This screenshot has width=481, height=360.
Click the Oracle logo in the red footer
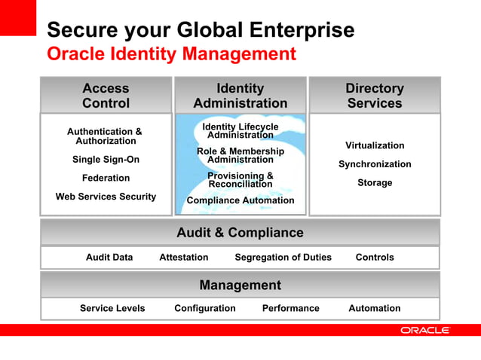tap(425, 330)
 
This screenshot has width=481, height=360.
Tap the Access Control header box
tap(106, 96)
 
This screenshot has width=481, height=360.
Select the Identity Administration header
tap(240, 96)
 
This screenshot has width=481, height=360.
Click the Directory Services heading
tap(375, 96)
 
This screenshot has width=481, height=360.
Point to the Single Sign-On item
tap(106, 160)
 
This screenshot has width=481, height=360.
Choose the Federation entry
tap(106, 178)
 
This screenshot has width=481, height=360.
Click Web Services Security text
tap(106, 197)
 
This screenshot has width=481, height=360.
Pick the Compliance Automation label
tap(240, 200)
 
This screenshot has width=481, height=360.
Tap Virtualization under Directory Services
tap(375, 145)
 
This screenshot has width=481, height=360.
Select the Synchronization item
tap(375, 164)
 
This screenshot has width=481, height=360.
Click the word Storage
tap(375, 183)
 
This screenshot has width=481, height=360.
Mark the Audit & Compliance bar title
tap(240, 233)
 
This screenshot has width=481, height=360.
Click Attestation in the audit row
tap(184, 258)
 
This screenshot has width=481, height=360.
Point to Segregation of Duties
tap(283, 258)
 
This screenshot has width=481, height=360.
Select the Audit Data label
tap(109, 258)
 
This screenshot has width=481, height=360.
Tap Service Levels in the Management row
tap(112, 308)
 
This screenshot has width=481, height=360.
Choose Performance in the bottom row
tap(290, 308)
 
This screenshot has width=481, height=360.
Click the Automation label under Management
tap(375, 308)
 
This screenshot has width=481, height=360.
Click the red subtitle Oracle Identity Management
tap(171, 54)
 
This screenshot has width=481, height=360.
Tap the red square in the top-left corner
tap(17, 17)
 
